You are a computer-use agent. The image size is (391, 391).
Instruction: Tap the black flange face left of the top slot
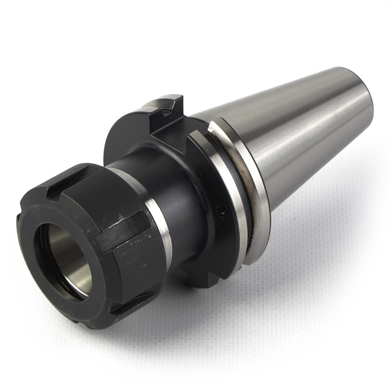point(127,142)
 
